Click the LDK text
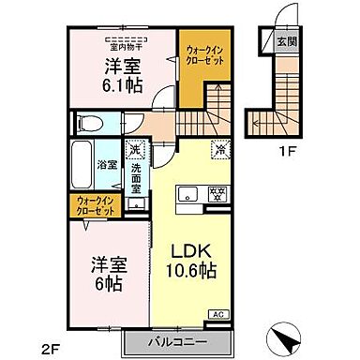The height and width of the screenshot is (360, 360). [193, 251]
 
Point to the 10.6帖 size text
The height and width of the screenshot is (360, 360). [191, 271]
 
